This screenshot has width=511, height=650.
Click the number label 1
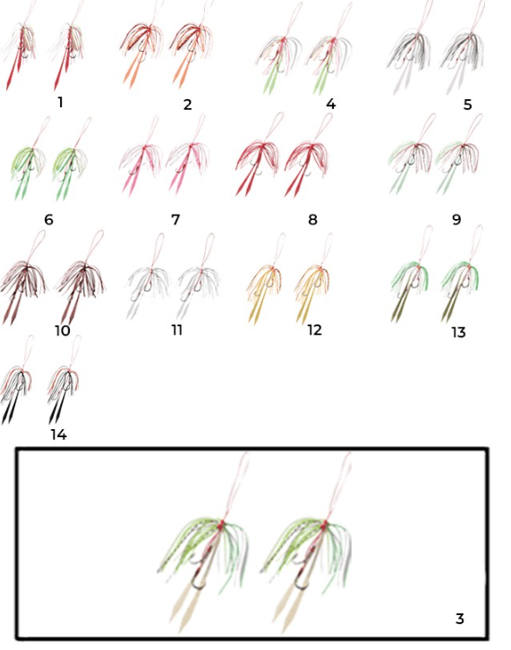(61, 102)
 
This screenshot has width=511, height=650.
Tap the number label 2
(187, 105)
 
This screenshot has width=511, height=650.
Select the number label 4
(330, 104)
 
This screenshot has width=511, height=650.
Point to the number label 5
(467, 105)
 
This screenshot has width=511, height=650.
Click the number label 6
(48, 220)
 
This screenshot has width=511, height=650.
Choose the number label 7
(175, 220)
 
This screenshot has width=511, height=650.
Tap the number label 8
(312, 220)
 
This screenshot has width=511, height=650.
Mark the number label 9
(456, 220)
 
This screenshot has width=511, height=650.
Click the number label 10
(63, 331)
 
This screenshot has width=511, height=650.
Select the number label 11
(177, 331)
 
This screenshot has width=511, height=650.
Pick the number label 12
(314, 331)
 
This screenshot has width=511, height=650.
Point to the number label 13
(458, 333)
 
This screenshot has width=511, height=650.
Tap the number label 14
(58, 435)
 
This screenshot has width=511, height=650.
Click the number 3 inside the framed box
(460, 619)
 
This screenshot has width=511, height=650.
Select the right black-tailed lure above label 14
(63, 385)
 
